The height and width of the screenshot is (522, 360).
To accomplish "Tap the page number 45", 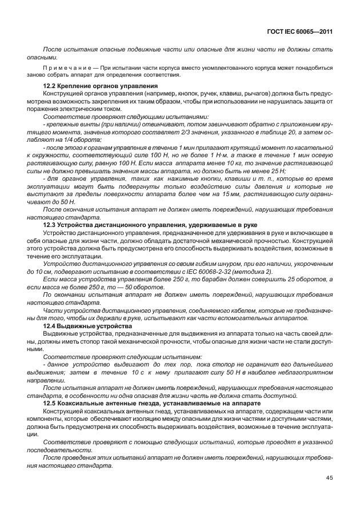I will tap(329, 478).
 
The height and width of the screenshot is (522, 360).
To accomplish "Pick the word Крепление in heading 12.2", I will tap(76, 86).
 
